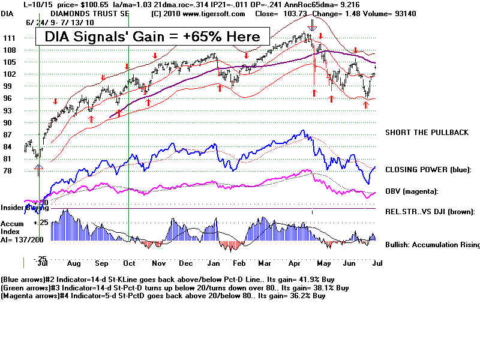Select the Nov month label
pos(158,263)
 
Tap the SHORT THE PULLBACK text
pos(426,133)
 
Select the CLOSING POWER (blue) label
pos(428,170)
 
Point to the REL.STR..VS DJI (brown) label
pos(430,211)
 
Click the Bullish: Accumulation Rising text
pos(432,245)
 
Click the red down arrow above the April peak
pos(313,26)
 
